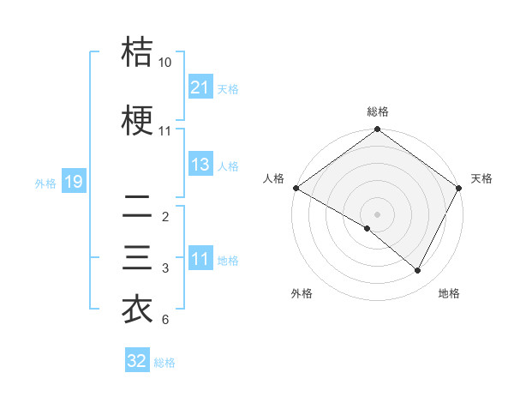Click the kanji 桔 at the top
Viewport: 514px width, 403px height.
[x=137, y=52]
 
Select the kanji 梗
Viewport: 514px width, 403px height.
[x=137, y=121]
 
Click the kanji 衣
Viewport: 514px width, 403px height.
[x=137, y=310]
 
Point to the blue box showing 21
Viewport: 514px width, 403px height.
[x=200, y=87]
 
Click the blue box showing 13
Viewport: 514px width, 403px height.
[x=200, y=165]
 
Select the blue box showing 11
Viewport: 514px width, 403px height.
[x=200, y=260]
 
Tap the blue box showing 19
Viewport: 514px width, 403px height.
[x=73, y=182]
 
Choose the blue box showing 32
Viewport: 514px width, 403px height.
[x=137, y=361]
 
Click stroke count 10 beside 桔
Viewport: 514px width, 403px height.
[x=165, y=63]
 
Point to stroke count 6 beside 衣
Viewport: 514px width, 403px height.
[x=165, y=320]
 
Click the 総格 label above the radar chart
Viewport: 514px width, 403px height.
[x=378, y=111]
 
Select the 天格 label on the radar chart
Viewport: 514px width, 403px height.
[x=481, y=178]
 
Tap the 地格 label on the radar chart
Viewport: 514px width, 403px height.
[x=449, y=293]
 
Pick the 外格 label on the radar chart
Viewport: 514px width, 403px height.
[x=302, y=293]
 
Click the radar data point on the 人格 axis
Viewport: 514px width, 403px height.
[x=296, y=188]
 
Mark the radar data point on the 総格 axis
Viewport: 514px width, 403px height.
[x=378, y=130]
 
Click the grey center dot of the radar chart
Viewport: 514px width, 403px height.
[x=378, y=214]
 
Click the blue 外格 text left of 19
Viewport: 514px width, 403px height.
[x=45, y=183]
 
